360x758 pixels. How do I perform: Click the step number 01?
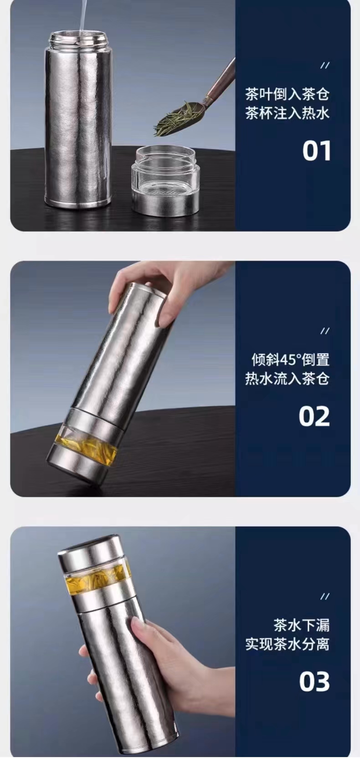click(317, 151)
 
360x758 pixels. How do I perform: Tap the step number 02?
click(314, 416)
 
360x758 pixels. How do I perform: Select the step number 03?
click(314, 682)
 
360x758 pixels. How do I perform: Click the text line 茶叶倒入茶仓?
click(287, 94)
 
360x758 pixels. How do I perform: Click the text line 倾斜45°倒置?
click(291, 360)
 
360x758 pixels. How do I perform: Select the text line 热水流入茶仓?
click(287, 379)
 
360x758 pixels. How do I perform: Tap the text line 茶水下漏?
click(301, 625)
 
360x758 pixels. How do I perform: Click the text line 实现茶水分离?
click(287, 644)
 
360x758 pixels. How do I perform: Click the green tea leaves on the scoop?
click(173, 119)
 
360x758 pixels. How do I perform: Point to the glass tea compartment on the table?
click(165, 179)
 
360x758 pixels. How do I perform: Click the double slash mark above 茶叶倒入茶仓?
click(325, 65)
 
